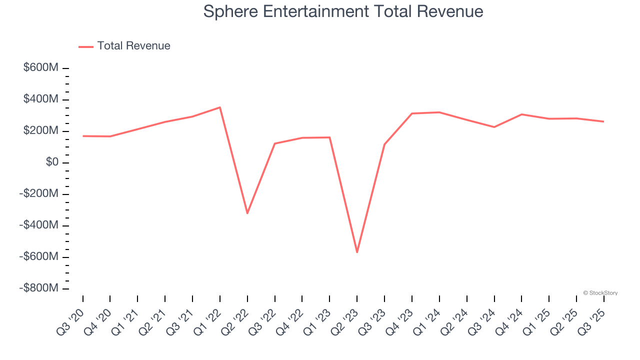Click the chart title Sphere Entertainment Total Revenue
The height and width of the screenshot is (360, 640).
click(343, 11)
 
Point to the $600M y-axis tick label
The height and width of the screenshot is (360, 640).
click(41, 68)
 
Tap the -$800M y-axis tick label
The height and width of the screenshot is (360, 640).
click(39, 288)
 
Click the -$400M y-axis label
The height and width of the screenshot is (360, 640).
click(39, 225)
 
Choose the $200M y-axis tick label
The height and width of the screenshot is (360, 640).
click(41, 131)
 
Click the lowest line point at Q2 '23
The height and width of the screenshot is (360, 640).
click(357, 252)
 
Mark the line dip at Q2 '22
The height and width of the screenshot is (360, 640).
click(247, 213)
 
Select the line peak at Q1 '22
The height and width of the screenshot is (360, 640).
click(220, 107)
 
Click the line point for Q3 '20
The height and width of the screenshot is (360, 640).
click(83, 136)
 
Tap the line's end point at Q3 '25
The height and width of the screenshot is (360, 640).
click(603, 121)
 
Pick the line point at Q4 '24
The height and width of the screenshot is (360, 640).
click(521, 114)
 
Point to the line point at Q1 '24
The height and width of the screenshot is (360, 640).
click(439, 112)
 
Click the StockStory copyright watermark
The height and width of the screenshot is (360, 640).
click(600, 293)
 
